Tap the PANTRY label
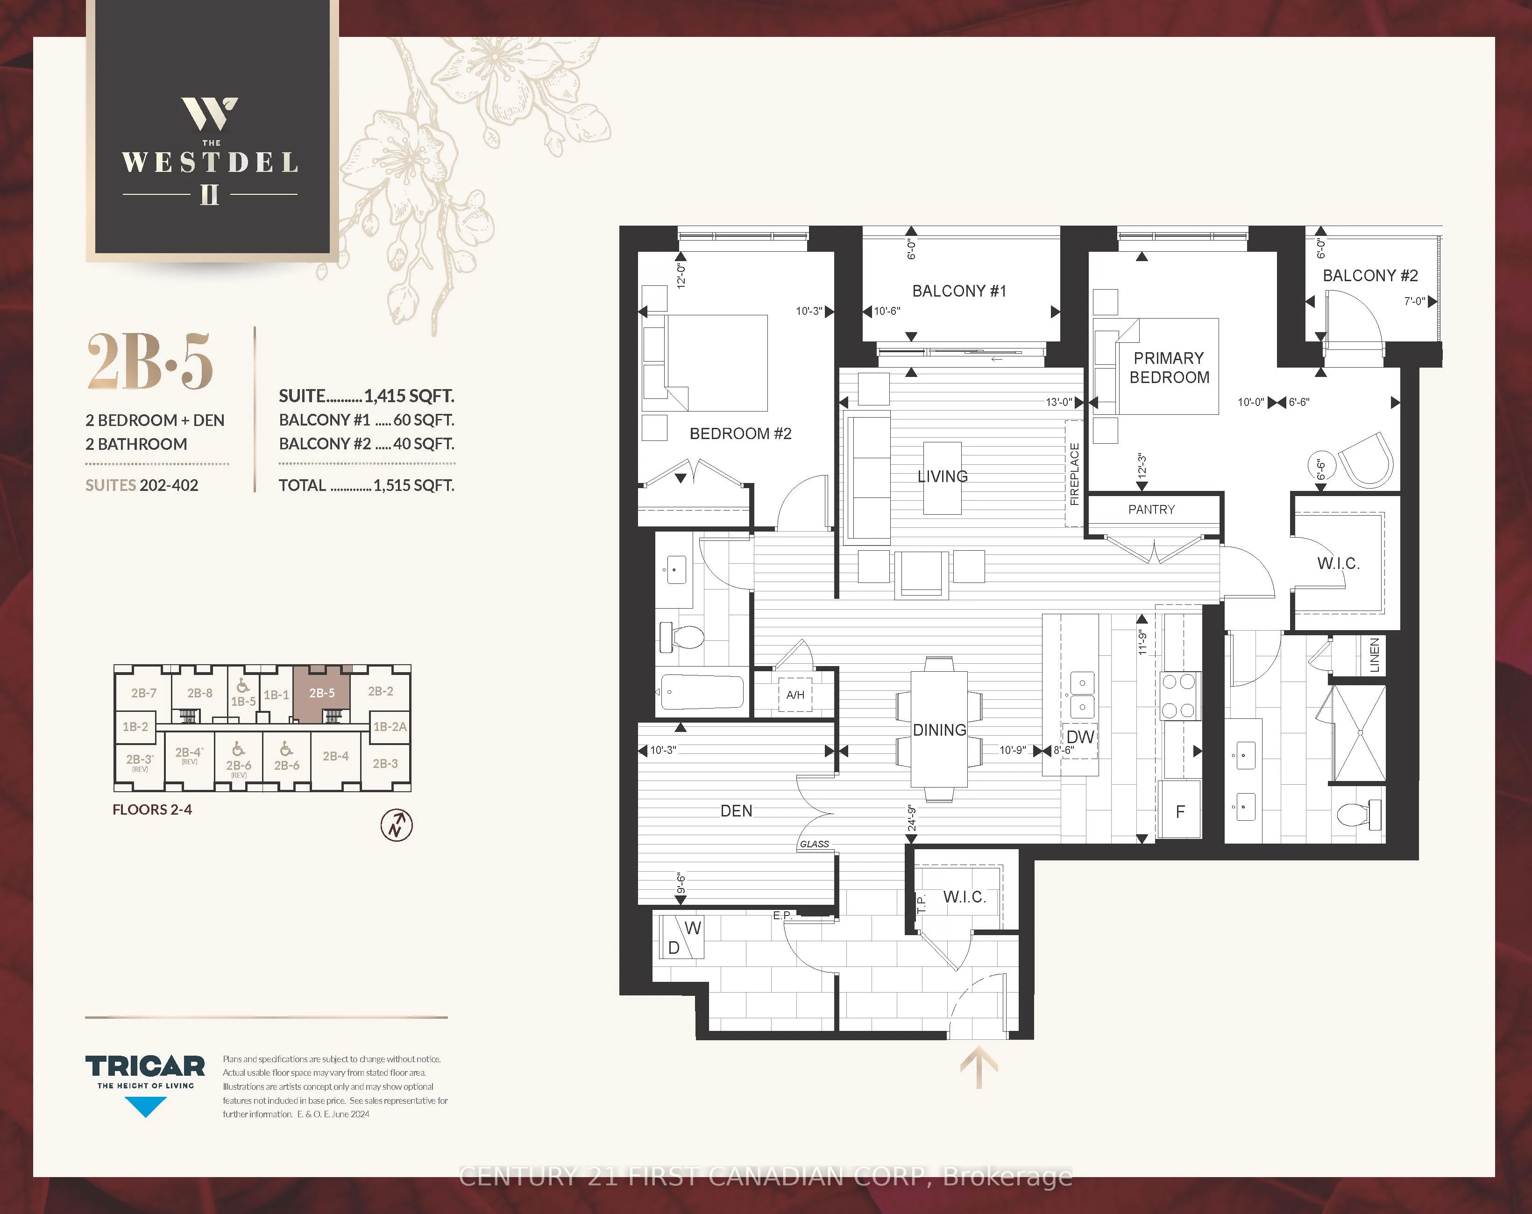(1151, 510)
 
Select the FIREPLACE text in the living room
(1074, 474)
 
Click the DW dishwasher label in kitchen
(1080, 737)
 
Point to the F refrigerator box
(1180, 812)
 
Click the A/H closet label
(795, 695)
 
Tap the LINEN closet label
(1374, 654)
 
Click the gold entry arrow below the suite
(979, 1066)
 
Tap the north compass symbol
(397, 825)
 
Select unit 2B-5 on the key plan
(321, 693)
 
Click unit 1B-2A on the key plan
(390, 726)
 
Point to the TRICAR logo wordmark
(145, 1066)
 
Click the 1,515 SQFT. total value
(413, 485)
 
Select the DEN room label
(736, 811)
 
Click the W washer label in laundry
(693, 928)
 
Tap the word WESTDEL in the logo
(210, 163)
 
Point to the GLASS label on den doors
(814, 844)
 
